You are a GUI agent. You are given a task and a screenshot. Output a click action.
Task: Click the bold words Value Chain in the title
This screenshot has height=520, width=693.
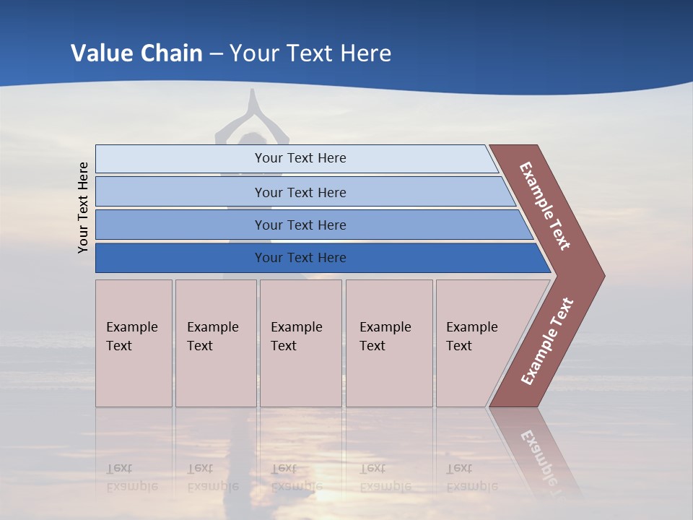(136, 53)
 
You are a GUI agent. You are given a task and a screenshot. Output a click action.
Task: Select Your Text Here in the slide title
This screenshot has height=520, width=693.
(310, 53)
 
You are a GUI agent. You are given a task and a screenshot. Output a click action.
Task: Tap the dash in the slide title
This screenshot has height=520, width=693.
(216, 54)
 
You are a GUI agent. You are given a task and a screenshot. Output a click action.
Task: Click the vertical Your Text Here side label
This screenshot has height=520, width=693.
(84, 207)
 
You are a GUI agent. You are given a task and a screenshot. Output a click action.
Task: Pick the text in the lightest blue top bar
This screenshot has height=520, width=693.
(300, 158)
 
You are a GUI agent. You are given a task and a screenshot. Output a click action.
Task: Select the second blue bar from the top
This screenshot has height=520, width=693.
(300, 192)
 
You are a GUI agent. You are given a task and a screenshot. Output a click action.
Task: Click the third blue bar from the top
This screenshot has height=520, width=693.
(300, 225)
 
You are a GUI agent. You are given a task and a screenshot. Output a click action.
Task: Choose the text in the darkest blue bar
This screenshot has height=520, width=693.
(300, 258)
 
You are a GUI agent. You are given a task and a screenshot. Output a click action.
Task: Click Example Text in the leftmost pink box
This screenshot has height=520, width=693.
(131, 336)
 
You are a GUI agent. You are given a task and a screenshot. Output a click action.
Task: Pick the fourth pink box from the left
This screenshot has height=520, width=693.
(388, 343)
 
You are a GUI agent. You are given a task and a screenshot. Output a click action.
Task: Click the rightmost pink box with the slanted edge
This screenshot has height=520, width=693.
(476, 343)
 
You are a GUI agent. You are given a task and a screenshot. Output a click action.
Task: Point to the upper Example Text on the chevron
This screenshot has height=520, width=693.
(545, 206)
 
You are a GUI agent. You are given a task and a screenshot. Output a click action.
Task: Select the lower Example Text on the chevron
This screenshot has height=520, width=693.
(546, 342)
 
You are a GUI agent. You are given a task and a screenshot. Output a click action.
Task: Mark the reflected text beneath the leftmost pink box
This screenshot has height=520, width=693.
(131, 477)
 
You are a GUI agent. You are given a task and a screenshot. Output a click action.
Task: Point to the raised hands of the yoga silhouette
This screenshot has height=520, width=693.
(253, 101)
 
